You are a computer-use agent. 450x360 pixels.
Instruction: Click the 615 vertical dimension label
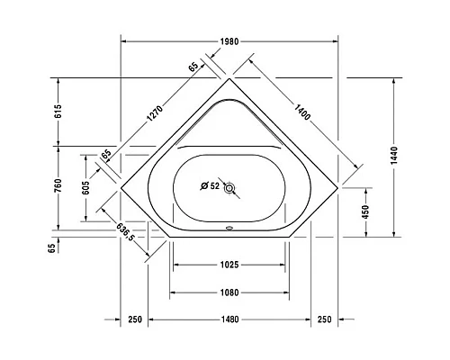pos(58,112)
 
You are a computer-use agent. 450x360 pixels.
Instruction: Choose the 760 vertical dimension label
pos(58,188)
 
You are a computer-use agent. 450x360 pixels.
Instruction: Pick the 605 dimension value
pos(85,188)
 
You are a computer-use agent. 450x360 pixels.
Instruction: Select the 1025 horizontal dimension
pos(229,265)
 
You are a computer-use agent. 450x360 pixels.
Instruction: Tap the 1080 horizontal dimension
pos(229,292)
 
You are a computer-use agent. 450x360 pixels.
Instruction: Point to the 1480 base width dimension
pos(229,319)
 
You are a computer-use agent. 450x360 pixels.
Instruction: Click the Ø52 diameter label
pos(209,187)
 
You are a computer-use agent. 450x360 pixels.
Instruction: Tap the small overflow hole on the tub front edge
pos(230,228)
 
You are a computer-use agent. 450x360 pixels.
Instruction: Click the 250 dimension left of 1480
pos(135,319)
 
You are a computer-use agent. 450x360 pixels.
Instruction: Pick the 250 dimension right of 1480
pos(324,319)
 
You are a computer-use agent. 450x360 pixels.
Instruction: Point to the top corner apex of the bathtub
pos(230,79)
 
